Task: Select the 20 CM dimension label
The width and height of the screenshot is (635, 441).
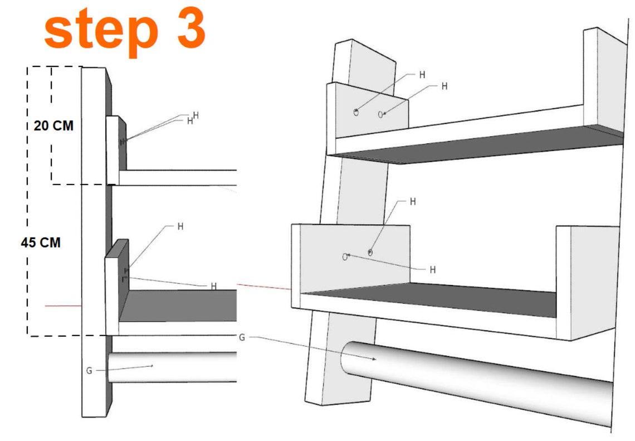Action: [53, 126]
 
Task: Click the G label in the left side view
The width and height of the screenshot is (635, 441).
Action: [89, 370]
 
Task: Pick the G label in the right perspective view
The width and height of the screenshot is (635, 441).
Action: [241, 337]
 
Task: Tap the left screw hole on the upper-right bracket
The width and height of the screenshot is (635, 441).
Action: [356, 112]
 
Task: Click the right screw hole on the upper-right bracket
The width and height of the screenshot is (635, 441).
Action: [381, 114]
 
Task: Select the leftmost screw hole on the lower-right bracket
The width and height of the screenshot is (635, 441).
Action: [345, 257]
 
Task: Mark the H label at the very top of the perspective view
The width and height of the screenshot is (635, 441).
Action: [422, 75]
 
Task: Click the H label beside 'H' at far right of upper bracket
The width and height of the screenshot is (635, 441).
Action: [444, 86]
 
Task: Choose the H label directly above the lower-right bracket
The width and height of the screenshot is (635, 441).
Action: [413, 202]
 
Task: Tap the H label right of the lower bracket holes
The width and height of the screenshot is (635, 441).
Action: [432, 270]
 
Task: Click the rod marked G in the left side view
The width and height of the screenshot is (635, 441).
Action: [173, 367]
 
